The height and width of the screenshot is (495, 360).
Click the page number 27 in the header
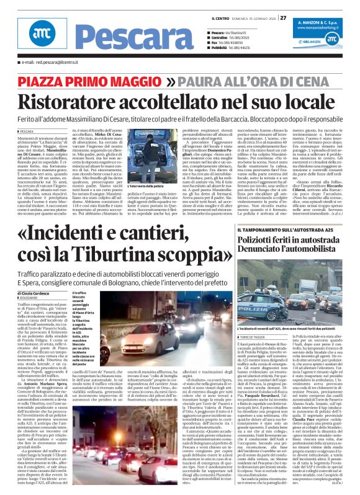(x=283, y=17)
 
